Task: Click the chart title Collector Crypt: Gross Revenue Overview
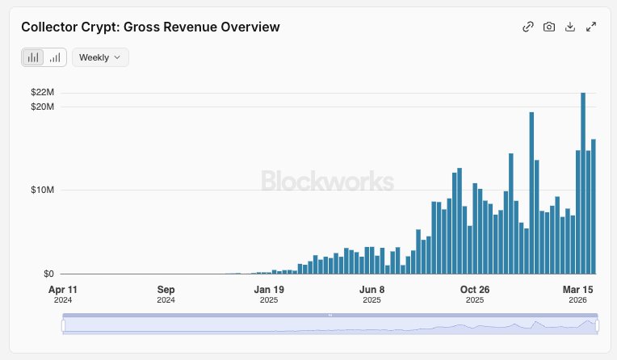150,27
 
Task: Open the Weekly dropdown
100,57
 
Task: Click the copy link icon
528,27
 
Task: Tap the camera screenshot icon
549,27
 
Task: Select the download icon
570,27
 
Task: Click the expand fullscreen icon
591,27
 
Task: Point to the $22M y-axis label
43,93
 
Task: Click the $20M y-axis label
43,107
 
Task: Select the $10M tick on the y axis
43,190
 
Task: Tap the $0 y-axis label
48,274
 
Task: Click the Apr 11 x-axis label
62,290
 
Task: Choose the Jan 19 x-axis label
269,290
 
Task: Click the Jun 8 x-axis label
371,290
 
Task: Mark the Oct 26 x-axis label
475,290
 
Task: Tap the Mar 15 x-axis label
578,290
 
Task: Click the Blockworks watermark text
327,182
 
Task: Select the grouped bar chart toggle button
33,57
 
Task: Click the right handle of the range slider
598,325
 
